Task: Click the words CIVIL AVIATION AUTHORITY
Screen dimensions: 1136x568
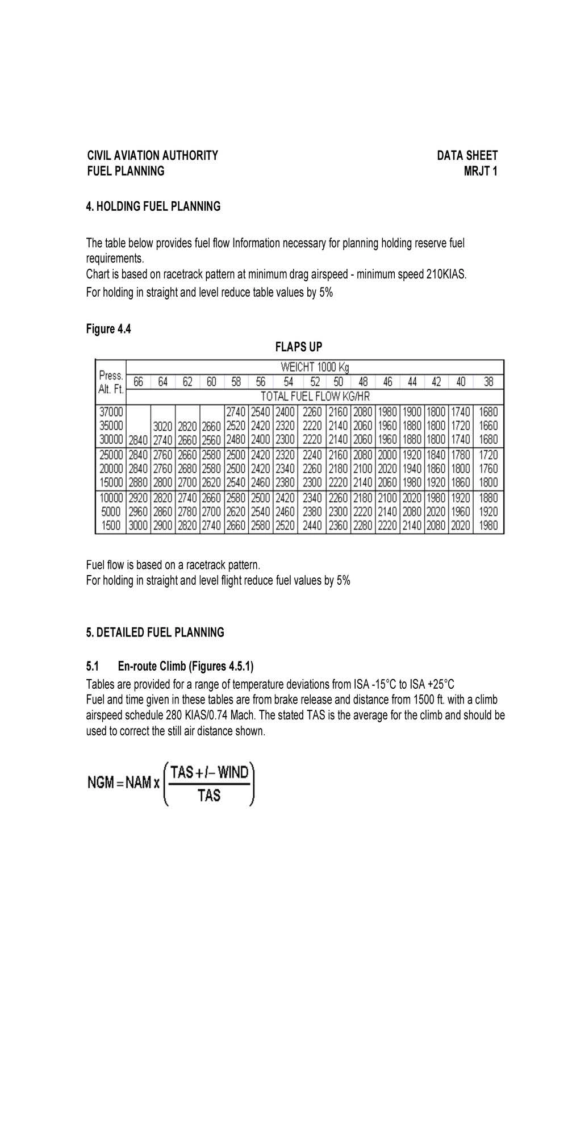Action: pyautogui.click(x=152, y=156)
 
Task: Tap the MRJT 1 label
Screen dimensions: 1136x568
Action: pyautogui.click(x=480, y=171)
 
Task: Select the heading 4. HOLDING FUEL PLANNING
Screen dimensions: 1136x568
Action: pyautogui.click(x=153, y=206)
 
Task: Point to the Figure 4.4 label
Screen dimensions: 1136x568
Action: pyautogui.click(x=108, y=329)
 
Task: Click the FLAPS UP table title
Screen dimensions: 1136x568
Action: pyautogui.click(x=298, y=347)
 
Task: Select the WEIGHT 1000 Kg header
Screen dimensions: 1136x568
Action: pyautogui.click(x=315, y=367)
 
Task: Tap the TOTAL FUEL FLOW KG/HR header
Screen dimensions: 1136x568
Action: pyautogui.click(x=315, y=396)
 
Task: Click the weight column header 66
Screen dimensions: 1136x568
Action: pyautogui.click(x=138, y=382)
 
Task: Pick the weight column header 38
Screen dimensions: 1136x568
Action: pyautogui.click(x=488, y=382)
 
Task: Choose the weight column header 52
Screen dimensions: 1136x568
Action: pyautogui.click(x=314, y=382)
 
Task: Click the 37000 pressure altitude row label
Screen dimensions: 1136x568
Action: pyautogui.click(x=111, y=412)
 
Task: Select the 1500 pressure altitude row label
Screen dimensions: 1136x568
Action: pyautogui.click(x=111, y=526)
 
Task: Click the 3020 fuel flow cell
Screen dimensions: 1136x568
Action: pyautogui.click(x=163, y=426)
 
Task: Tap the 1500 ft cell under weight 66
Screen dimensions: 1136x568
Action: pyautogui.click(x=138, y=526)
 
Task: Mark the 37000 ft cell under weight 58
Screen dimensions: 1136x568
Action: pyautogui.click(x=236, y=412)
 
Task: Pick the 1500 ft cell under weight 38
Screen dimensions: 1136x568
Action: pyautogui.click(x=488, y=526)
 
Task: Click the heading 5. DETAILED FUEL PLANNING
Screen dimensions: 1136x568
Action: pyautogui.click(x=155, y=633)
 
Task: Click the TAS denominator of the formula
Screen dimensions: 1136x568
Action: pyautogui.click(x=209, y=796)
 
